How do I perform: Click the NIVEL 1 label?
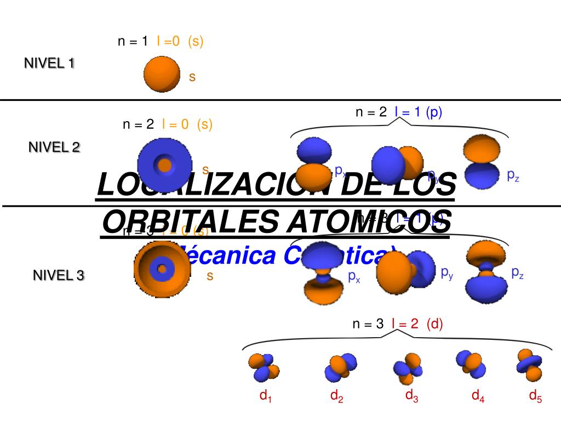pyautogui.click(x=49, y=63)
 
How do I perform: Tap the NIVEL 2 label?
pyautogui.click(x=54, y=147)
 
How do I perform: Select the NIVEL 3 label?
pyautogui.click(x=59, y=275)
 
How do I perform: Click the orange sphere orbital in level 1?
pyautogui.click(x=161, y=74)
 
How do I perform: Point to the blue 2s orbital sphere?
pyautogui.click(x=164, y=164)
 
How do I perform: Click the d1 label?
pyautogui.click(x=265, y=396)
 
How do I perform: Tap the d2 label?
pyautogui.click(x=336, y=396)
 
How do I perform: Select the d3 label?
pyautogui.click(x=411, y=395)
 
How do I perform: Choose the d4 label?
pyautogui.click(x=478, y=396)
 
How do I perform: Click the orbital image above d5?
pyautogui.click(x=530, y=365)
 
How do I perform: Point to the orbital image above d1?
pyautogui.click(x=264, y=367)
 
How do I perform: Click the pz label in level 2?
pyautogui.click(x=513, y=175)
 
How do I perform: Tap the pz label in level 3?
pyautogui.click(x=517, y=272)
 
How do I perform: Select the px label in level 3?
pyautogui.click(x=354, y=276)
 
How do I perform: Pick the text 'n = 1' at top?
pyautogui.click(x=133, y=41)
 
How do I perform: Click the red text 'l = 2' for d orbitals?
pyautogui.click(x=405, y=324)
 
